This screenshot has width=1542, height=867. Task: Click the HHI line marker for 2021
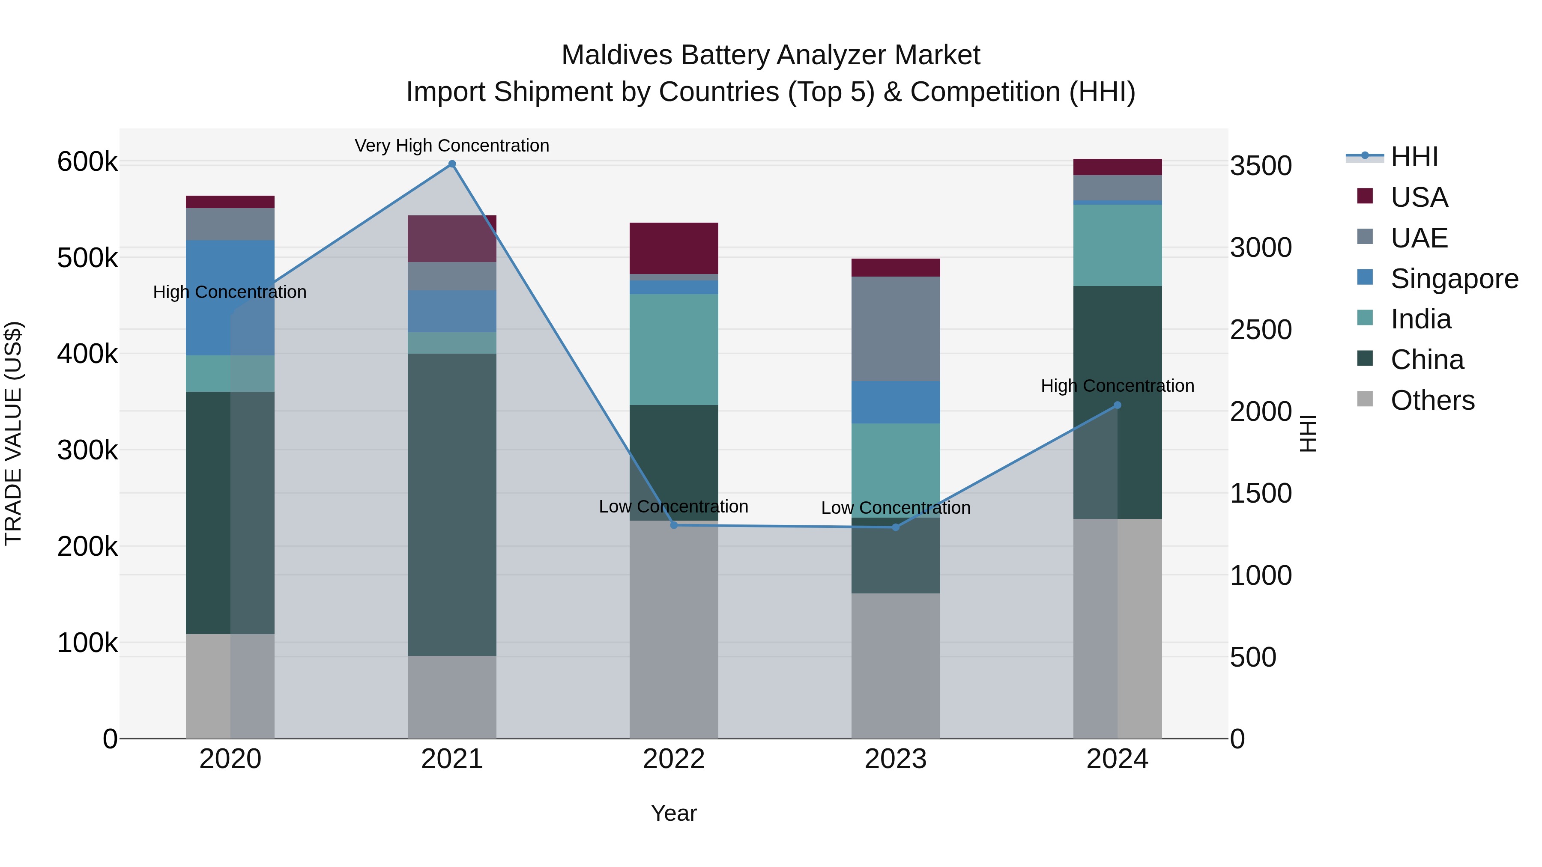(452, 164)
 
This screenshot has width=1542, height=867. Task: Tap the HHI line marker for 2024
(1117, 405)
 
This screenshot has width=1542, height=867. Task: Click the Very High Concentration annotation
(452, 146)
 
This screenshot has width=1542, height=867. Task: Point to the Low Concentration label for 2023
(896, 507)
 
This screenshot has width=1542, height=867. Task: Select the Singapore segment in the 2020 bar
(230, 298)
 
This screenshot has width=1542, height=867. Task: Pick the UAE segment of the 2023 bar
(896, 328)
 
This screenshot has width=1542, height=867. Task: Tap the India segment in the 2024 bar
(1117, 245)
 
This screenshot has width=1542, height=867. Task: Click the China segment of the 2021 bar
(452, 504)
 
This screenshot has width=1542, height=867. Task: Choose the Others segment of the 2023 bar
(896, 665)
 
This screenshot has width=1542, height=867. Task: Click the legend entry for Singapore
(1454, 279)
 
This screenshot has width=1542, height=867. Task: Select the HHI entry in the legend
(1414, 157)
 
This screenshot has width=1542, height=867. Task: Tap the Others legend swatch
(1365, 399)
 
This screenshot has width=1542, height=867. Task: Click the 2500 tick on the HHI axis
(1261, 330)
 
